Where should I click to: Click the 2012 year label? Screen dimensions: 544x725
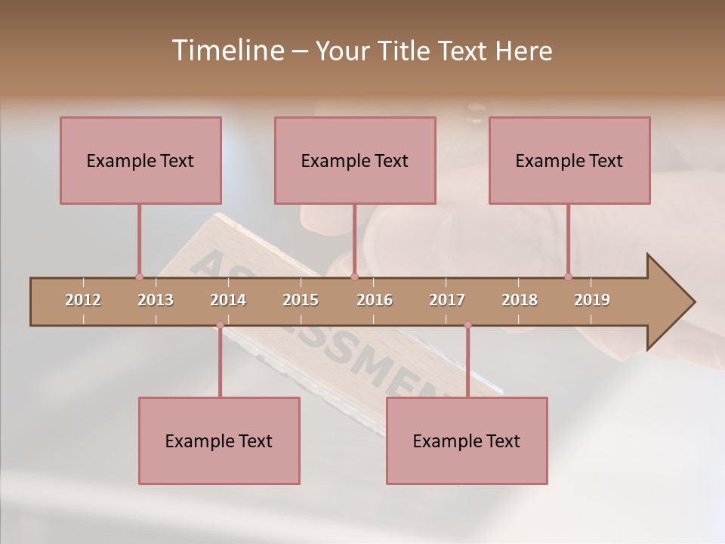pos(83,300)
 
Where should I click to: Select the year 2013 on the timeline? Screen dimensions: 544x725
pos(156,300)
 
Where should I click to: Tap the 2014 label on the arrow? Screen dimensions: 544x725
pos(228,300)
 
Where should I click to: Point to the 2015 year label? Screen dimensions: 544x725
pos(301,300)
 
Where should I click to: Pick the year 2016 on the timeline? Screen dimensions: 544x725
pos(375,300)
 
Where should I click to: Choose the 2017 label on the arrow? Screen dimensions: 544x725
pos(447,300)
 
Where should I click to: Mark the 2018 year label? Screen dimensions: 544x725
pos(520,300)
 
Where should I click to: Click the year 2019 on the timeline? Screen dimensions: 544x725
pos(592,300)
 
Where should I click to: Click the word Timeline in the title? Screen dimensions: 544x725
pos(227,51)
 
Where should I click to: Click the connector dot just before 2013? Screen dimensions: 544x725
pos(139,277)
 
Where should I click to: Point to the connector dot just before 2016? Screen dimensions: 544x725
pos(354,277)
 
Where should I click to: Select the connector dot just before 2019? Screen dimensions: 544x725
pos(568,277)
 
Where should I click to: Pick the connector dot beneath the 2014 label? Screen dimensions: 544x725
pos(220,325)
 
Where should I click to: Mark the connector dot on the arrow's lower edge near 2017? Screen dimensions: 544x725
pos(467,325)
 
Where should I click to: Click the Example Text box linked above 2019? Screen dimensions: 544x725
pos(569,160)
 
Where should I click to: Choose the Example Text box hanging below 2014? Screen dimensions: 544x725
pos(219,440)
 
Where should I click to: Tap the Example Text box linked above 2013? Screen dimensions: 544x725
pos(140,160)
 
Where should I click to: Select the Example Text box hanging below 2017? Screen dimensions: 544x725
pos(467,440)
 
